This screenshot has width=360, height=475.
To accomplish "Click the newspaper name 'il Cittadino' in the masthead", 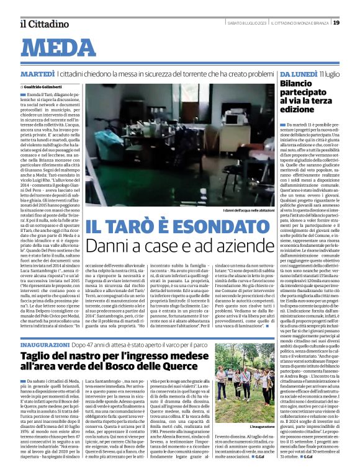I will coord(41,24).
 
